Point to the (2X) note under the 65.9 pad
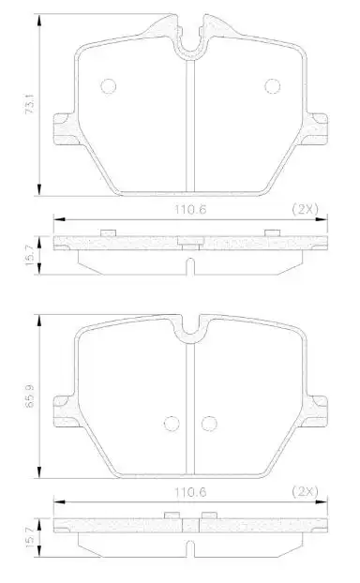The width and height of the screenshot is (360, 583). click(x=305, y=489)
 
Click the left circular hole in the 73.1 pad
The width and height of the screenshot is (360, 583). click(x=108, y=86)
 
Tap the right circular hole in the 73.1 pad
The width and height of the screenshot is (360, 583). click(x=273, y=86)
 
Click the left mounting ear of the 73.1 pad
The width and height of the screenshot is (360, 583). click(x=64, y=128)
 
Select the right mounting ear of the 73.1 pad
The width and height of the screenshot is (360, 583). click(x=318, y=128)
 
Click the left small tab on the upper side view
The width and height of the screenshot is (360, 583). click(x=108, y=232)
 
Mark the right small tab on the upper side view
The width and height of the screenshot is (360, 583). click(x=273, y=232)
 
